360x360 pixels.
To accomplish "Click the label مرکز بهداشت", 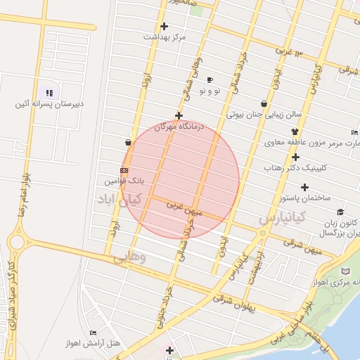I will pyautogui.click(x=165, y=37).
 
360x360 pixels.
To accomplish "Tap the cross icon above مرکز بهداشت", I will pyautogui.click(x=165, y=27).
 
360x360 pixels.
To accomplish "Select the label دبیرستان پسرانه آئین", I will pyautogui.click(x=50, y=104).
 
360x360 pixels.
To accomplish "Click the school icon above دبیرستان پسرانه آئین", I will pyautogui.click(x=49, y=93).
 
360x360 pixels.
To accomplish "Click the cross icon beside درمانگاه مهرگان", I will pyautogui.click(x=179, y=116).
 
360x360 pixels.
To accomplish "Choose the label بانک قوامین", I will pyautogui.click(x=124, y=181).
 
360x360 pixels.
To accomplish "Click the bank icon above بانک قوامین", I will pyautogui.click(x=124, y=170).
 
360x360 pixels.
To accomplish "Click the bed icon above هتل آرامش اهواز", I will pyautogui.click(x=93, y=333).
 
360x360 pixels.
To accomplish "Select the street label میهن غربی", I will pyautogui.click(x=184, y=208).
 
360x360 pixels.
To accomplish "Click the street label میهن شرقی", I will pyautogui.click(x=303, y=246).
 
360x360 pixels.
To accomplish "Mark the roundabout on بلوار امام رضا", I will pyautogui.click(x=16, y=243).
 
